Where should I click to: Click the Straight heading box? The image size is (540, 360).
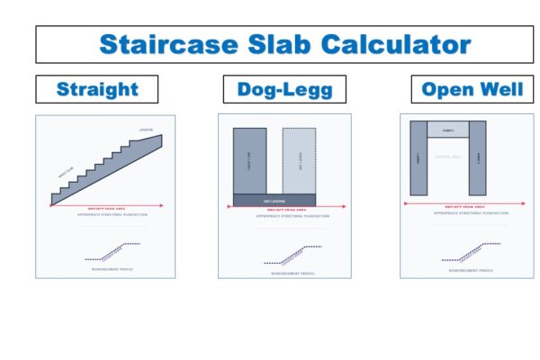coord(97,89)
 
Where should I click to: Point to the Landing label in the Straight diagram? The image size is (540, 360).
coord(146,130)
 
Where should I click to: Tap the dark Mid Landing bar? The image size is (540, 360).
coord(274,199)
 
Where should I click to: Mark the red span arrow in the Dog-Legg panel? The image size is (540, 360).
coord(274,208)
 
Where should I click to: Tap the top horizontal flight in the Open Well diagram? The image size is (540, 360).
coord(448,129)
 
